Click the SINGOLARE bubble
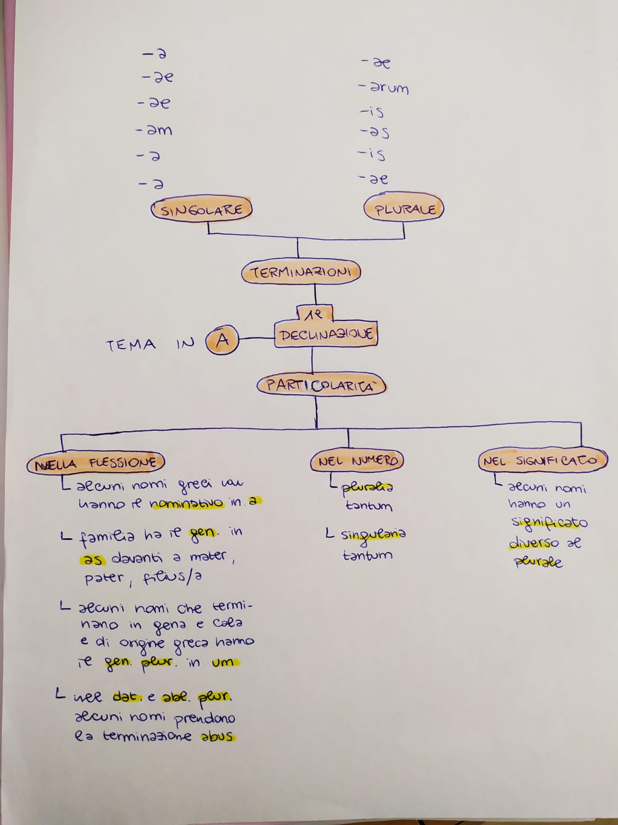click(x=202, y=210)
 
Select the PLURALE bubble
click(x=404, y=209)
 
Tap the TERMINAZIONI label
click(x=301, y=273)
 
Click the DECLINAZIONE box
click(x=326, y=334)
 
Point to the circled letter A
click(x=222, y=340)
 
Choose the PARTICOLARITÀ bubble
click(x=321, y=386)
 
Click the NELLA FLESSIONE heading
click(x=96, y=463)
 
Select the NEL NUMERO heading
click(x=357, y=461)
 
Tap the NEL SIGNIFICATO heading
click(x=543, y=460)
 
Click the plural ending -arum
click(x=385, y=88)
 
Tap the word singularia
click(x=373, y=535)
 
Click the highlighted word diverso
click(x=534, y=543)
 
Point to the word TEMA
click(x=131, y=344)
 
